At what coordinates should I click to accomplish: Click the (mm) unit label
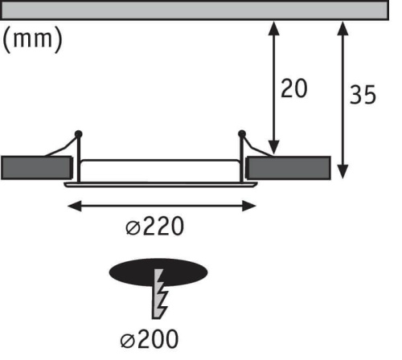tap(33, 39)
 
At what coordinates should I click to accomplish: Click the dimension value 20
tap(293, 88)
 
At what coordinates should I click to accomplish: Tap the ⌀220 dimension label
tap(154, 227)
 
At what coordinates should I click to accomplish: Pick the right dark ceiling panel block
tap(287, 167)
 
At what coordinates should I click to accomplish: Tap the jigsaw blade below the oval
tap(160, 297)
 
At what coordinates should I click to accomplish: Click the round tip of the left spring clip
tap(78, 133)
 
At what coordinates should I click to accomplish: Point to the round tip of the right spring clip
tap(242, 133)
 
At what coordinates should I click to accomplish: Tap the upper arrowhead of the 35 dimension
tap(343, 29)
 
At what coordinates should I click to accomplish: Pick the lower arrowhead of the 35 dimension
tap(343, 170)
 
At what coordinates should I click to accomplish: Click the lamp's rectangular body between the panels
tap(161, 169)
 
